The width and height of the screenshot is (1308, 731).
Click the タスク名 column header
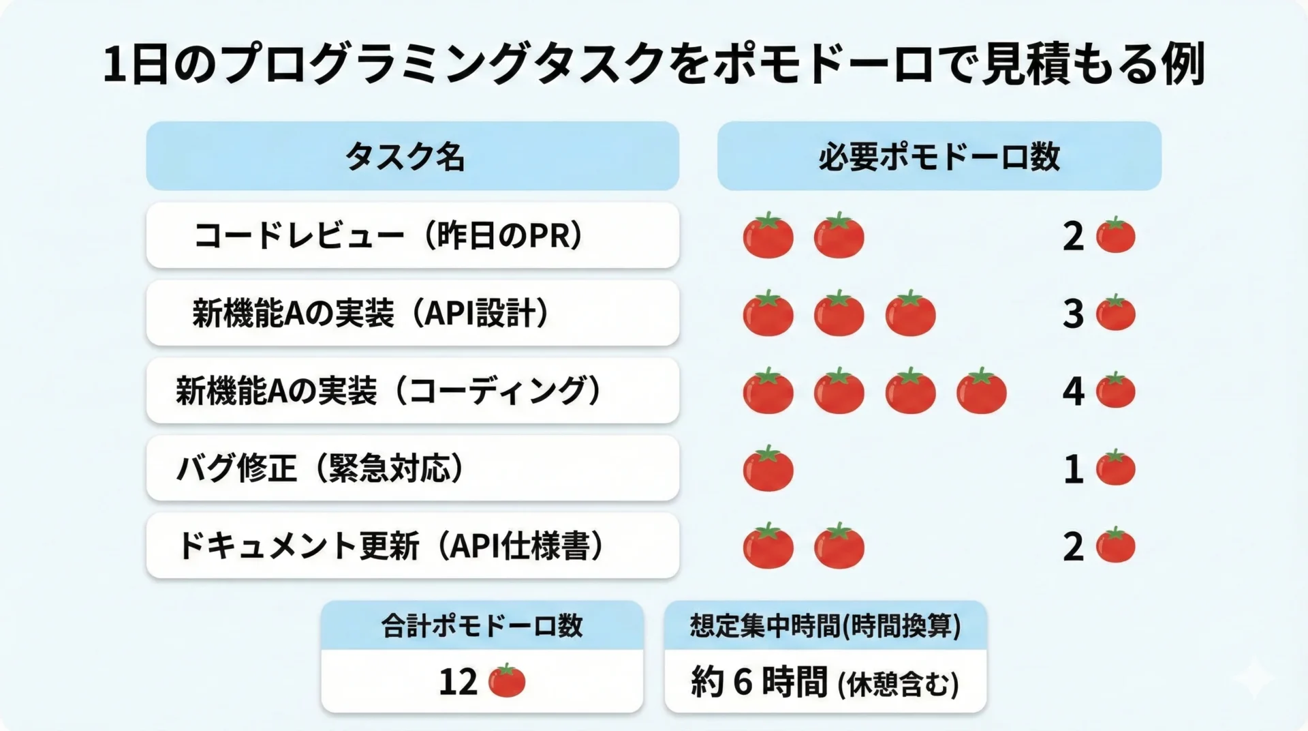click(405, 157)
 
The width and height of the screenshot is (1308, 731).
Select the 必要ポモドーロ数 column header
click(939, 157)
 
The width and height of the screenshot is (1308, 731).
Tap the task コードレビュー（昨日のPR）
click(390, 236)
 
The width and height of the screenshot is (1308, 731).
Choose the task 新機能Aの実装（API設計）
click(372, 314)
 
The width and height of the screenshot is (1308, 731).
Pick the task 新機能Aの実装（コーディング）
click(390, 391)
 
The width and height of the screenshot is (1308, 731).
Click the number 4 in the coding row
click(1073, 391)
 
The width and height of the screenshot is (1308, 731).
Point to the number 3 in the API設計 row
click(1073, 314)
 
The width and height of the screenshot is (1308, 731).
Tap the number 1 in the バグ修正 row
click(1074, 469)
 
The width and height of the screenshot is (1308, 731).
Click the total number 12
click(458, 682)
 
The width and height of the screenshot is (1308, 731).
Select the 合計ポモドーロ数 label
click(482, 625)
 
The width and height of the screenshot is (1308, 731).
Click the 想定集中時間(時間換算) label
click(825, 625)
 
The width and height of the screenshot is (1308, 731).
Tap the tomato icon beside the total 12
click(507, 681)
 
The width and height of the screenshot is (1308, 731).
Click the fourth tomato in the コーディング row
click(982, 391)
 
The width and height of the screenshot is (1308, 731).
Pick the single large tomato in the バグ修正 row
click(768, 468)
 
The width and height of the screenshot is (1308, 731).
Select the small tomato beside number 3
click(1116, 312)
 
